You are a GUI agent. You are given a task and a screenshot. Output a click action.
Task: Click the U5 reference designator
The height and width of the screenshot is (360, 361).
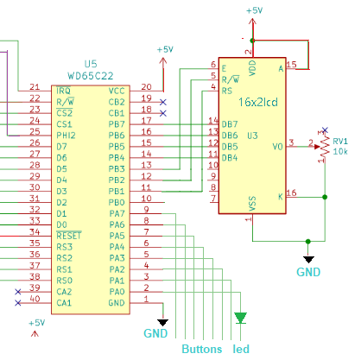(91, 64)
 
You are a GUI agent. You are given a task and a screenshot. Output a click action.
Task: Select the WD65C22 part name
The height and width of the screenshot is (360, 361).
(91, 76)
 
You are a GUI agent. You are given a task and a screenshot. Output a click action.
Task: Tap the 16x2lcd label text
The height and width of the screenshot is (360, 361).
(258, 102)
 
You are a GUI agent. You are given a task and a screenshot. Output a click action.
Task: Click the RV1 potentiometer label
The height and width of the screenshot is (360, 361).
(340, 141)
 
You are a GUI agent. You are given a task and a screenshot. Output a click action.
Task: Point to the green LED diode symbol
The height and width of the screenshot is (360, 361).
(240, 318)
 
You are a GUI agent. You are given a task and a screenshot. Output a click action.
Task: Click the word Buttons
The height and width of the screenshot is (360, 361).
(202, 349)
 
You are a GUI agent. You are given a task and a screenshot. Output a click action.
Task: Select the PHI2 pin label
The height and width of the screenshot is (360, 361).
(66, 136)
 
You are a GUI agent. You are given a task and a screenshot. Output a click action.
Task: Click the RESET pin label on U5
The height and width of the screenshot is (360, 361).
(69, 236)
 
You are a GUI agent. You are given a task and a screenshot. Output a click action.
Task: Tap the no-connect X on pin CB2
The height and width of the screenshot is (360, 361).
(163, 102)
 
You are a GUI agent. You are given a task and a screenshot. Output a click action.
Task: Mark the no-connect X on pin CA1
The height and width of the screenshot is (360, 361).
(18, 303)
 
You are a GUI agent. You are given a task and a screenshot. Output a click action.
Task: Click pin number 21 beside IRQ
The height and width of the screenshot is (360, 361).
(35, 87)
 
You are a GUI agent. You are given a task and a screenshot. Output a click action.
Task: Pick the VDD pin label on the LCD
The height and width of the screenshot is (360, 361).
(252, 68)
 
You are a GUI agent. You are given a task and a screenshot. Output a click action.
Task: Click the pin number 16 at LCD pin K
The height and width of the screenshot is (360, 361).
(291, 193)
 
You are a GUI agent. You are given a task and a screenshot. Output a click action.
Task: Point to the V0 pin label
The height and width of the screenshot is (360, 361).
(278, 147)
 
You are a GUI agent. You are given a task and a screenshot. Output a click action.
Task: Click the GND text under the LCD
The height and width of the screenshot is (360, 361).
(308, 272)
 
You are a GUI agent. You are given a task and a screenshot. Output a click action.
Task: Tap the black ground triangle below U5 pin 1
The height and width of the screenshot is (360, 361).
(162, 322)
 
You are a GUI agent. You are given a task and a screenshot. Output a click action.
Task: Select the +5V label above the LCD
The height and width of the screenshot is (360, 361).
(255, 10)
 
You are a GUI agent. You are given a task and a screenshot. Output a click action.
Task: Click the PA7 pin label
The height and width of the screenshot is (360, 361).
(117, 213)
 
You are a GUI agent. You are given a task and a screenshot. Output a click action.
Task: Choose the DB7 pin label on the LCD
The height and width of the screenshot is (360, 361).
(230, 124)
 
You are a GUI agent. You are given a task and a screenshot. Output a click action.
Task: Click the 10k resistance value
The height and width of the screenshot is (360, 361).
(340, 151)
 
